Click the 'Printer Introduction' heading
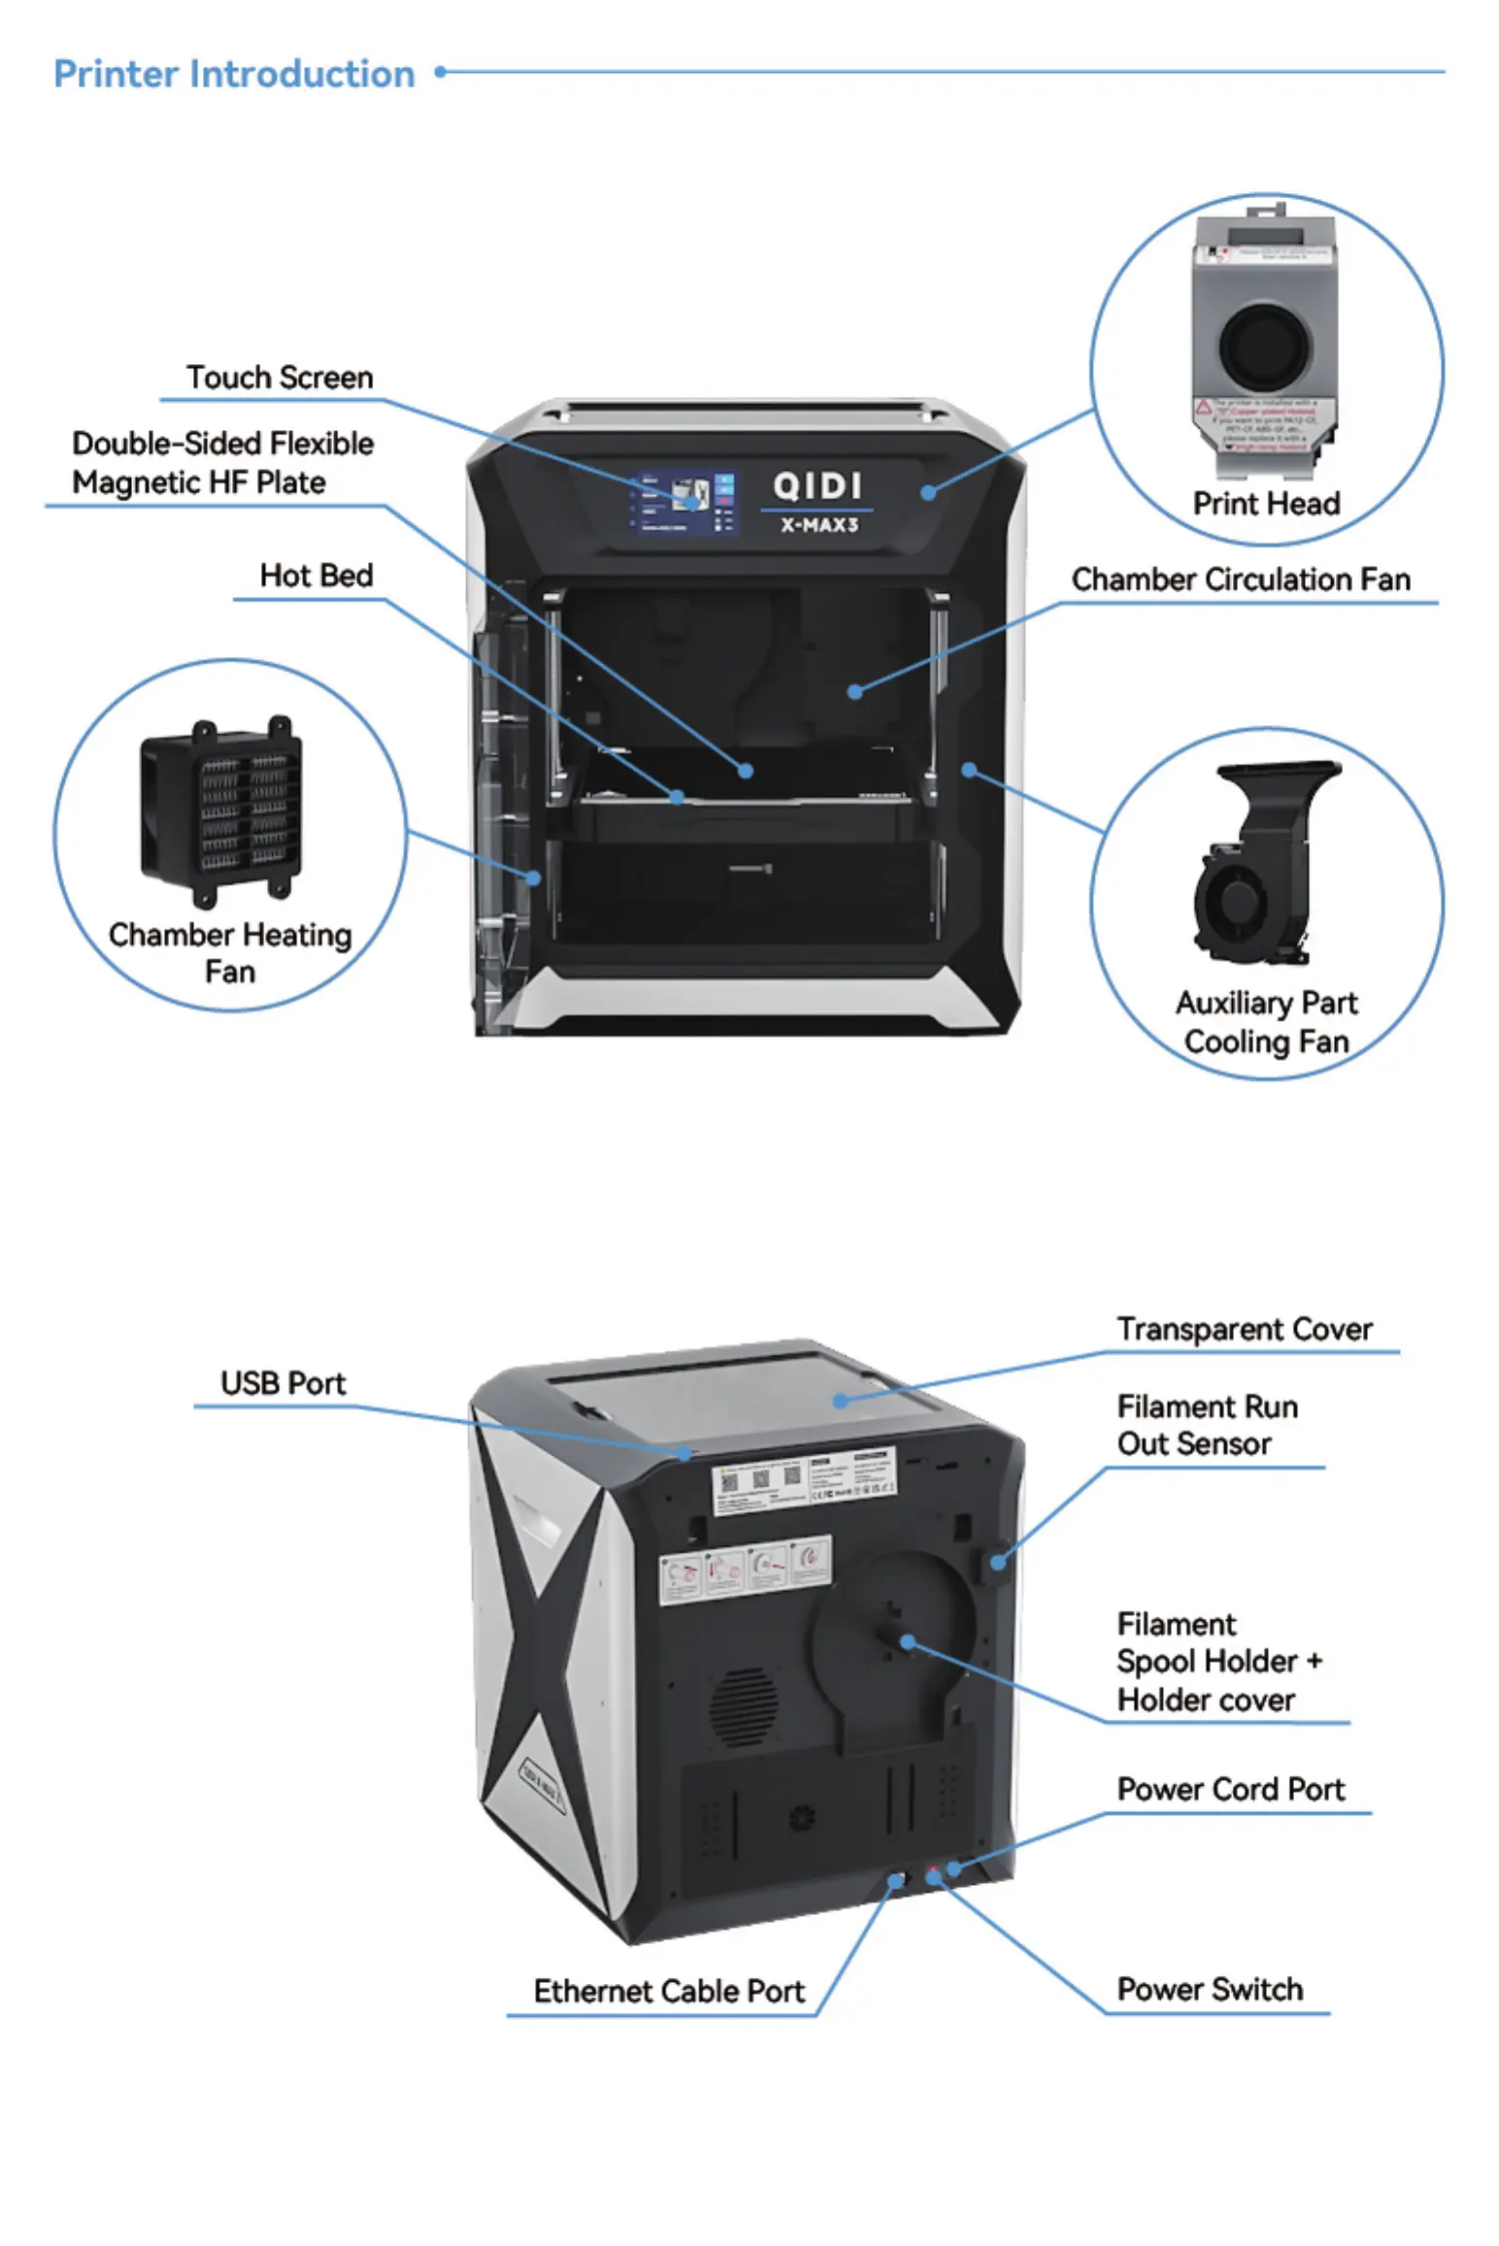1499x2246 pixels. tap(234, 74)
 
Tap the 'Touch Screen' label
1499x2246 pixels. tap(280, 378)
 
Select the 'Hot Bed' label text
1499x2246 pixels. tap(316, 576)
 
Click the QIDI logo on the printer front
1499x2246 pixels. tap(816, 485)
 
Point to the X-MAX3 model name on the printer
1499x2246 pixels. tap(819, 525)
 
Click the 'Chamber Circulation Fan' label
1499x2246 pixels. tap(1241, 580)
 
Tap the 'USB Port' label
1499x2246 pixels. tap(283, 1383)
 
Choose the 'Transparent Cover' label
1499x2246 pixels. tap(1245, 1329)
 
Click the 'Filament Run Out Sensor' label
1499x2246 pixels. tap(1207, 1425)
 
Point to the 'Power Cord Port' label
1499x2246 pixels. tap(1231, 1789)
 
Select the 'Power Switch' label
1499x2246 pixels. tap(1210, 1989)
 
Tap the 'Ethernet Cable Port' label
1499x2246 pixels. tap(669, 1991)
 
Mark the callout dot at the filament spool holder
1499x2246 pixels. tap(907, 1642)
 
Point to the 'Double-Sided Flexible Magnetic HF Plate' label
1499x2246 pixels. tap(222, 463)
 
